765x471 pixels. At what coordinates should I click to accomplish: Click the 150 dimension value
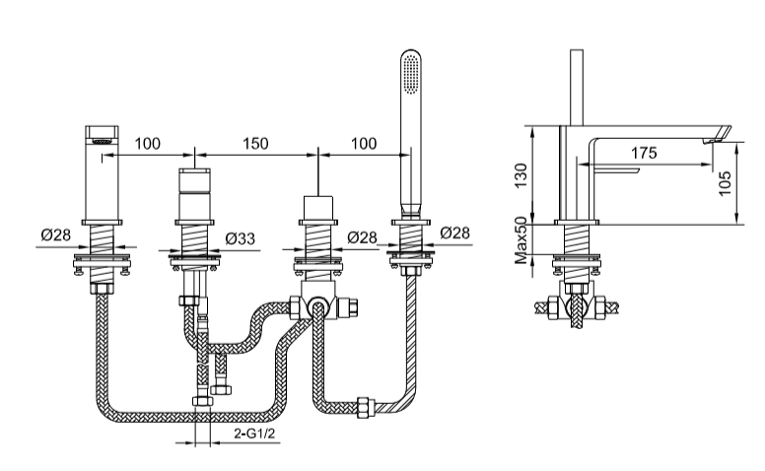coord(255,144)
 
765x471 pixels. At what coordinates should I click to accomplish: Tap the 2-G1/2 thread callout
coord(254,434)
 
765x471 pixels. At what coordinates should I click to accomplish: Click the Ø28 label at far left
coord(55,235)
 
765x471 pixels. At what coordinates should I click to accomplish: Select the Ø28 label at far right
coord(454,235)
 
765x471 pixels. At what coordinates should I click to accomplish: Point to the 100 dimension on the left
coord(147,144)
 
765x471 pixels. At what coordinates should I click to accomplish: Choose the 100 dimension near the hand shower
coord(363,144)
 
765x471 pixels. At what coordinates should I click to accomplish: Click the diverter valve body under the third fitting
coord(317,307)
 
